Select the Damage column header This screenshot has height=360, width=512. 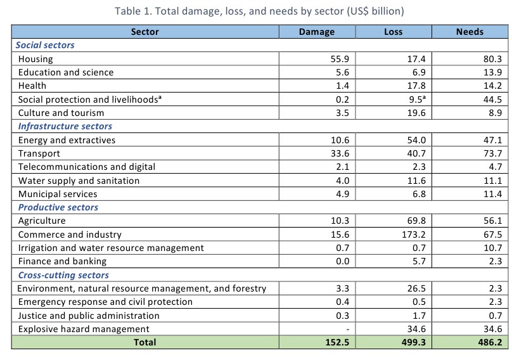pyautogui.click(x=316, y=32)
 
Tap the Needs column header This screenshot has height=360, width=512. pyautogui.click(x=470, y=32)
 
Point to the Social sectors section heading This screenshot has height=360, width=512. pyautogui.click(x=45, y=45)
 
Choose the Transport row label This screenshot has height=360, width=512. pyautogui.click(x=39, y=153)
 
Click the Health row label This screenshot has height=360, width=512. pyautogui.click(x=32, y=86)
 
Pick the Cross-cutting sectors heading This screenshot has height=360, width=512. pyautogui.click(x=63, y=275)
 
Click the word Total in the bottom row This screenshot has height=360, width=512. pyautogui.click(x=145, y=342)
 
